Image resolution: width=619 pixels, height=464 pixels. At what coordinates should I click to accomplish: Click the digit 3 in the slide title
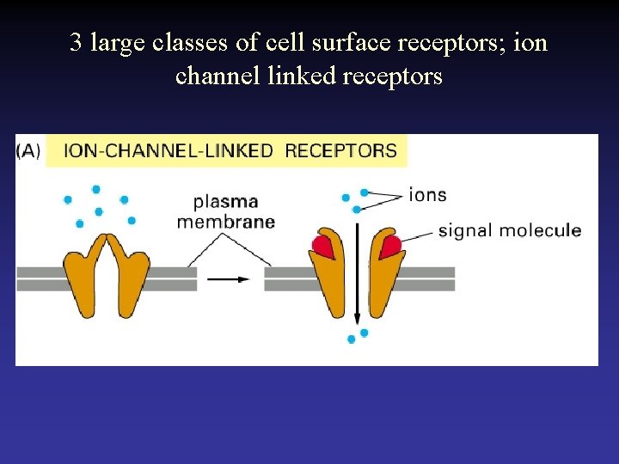pos(76,43)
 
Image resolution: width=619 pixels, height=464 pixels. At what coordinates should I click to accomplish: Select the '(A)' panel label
pos(28,151)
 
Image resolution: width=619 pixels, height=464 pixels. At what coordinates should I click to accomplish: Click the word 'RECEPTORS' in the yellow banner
pos(340,151)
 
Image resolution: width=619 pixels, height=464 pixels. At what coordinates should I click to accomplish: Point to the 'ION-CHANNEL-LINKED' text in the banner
pos(169,151)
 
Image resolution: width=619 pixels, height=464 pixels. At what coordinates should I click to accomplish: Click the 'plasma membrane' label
pos(225,211)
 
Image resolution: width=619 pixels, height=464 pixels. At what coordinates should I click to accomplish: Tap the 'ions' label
pos(428,194)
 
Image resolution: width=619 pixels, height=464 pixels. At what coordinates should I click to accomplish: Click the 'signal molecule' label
pos(509,230)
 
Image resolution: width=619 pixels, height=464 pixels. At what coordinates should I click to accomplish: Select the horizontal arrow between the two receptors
pos(230,278)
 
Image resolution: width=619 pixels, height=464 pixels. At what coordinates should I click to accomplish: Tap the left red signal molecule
pos(323,247)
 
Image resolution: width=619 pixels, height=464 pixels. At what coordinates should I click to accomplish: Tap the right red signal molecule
pos(390,247)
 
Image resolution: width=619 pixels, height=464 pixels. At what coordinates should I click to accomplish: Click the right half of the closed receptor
pos(131,275)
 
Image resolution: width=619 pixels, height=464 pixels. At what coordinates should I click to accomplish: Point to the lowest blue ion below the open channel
pos(351,339)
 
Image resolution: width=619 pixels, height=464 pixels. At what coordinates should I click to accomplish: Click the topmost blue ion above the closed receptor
pos(96,189)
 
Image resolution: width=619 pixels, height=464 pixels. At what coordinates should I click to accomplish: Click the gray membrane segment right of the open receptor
pos(430,278)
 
